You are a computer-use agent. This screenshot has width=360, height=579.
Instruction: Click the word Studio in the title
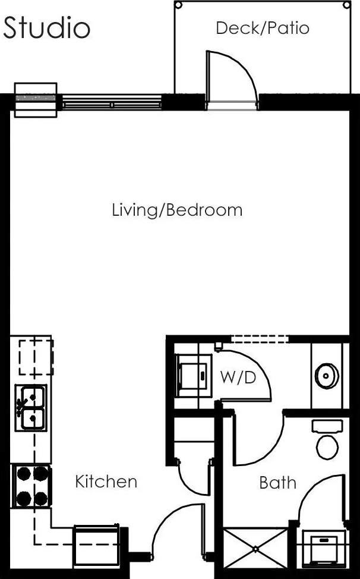click(47, 28)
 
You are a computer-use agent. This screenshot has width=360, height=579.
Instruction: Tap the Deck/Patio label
click(262, 28)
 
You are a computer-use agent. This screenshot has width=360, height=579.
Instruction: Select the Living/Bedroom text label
click(177, 210)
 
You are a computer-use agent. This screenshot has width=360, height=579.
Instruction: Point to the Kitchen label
click(106, 482)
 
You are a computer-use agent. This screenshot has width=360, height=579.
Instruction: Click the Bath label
click(277, 483)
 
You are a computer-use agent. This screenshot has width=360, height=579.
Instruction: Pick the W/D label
click(238, 377)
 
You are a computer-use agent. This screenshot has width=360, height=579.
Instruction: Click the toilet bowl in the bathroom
click(327, 446)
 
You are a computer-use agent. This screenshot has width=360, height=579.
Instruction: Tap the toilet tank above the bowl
click(327, 426)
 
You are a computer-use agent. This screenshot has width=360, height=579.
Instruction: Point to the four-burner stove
click(32, 486)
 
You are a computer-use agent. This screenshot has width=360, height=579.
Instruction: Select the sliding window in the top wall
click(112, 103)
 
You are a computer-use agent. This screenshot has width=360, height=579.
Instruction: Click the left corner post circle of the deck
click(178, 5)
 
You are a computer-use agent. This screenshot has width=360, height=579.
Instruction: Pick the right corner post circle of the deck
click(347, 5)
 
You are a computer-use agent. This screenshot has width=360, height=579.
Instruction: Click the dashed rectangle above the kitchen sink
click(36, 357)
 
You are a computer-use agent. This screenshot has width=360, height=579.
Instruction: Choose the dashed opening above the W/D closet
click(260, 339)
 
